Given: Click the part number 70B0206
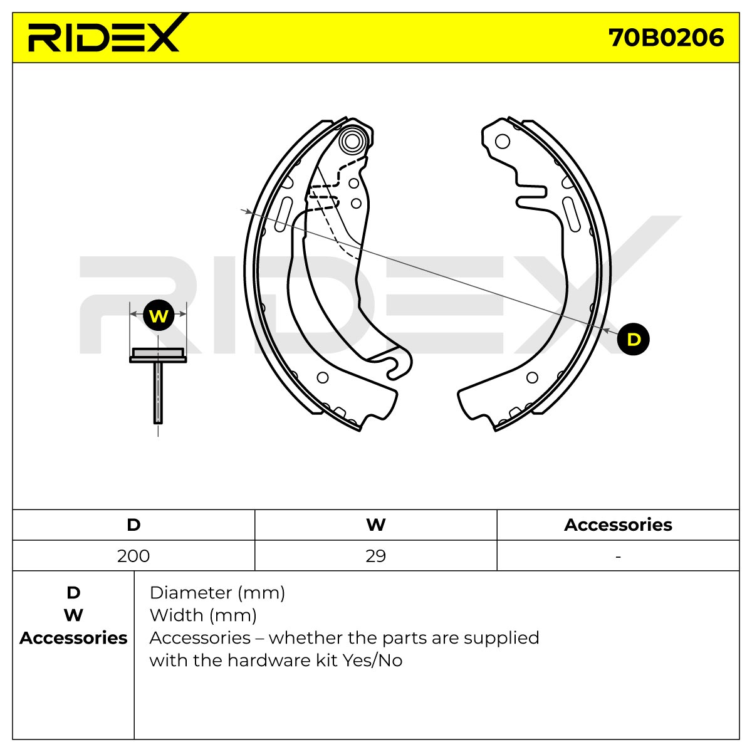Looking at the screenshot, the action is pos(666,38).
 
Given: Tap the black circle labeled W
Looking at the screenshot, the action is pos(159,315).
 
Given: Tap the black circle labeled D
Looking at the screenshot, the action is pos(633,339).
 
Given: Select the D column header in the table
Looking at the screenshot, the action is pos(133,525).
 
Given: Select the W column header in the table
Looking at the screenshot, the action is pos(376,525).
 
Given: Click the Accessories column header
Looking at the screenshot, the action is pos(618,525).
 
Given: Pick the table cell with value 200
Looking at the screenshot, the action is pos(133,556).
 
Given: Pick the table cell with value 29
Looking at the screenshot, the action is pos(376,556).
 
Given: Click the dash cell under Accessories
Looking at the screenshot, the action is pos(618,556).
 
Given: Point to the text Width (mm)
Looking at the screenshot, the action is pos(203,616).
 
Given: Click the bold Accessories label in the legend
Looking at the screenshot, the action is pos(73,639).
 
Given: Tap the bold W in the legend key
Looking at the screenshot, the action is pos(73,616).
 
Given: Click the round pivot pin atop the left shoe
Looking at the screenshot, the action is pos(352,141).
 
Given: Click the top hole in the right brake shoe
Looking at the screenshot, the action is pos(502,141).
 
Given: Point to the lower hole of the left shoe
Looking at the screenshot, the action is pos(322,377).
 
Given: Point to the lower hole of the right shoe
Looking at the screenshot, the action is pos(532,377).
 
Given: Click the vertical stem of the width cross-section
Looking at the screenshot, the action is pos(158,392).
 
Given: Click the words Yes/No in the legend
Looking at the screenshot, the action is pos(372,661).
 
